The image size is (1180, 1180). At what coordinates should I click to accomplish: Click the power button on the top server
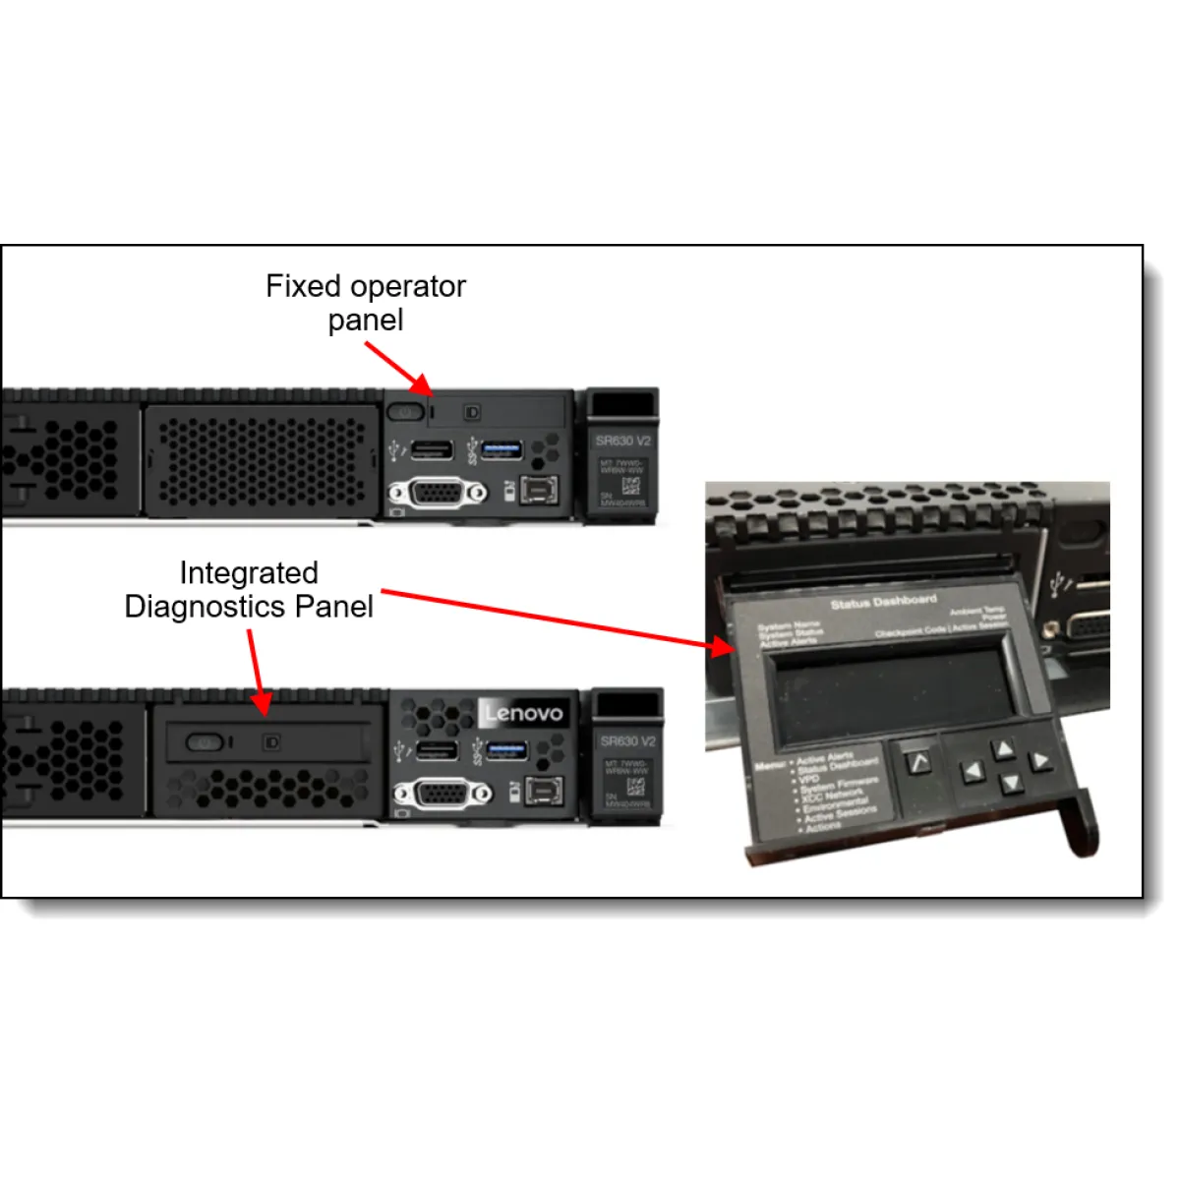click(404, 412)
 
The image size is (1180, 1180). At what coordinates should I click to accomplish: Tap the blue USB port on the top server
click(501, 450)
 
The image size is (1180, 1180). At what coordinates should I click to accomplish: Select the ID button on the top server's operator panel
click(472, 412)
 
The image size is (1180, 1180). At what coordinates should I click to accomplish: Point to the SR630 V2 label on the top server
click(622, 441)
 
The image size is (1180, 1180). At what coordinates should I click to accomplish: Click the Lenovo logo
click(524, 713)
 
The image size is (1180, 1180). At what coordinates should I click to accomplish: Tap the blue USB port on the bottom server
click(506, 751)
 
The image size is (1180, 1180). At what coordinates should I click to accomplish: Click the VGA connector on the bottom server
click(442, 793)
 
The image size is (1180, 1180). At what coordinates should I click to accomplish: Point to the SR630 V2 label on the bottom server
click(627, 740)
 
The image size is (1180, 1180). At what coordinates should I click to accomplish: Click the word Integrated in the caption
click(249, 573)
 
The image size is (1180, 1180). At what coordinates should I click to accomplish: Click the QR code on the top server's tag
click(630, 485)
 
